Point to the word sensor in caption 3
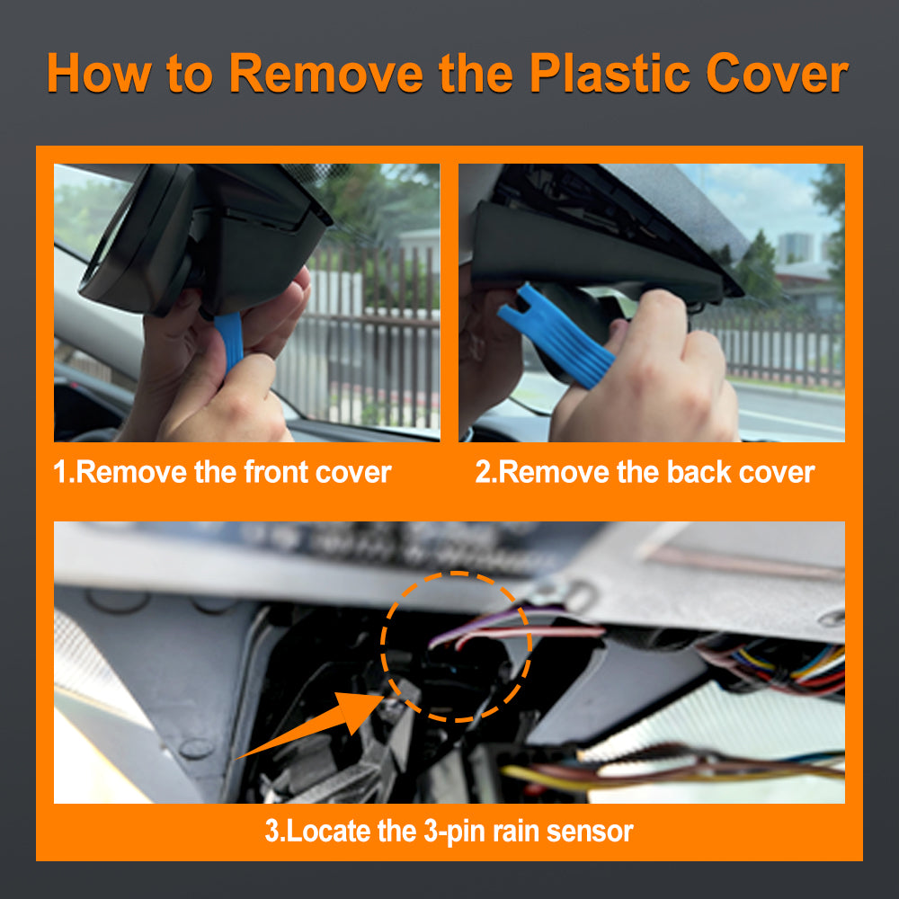586,830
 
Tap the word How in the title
99,73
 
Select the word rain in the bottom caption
508,830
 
